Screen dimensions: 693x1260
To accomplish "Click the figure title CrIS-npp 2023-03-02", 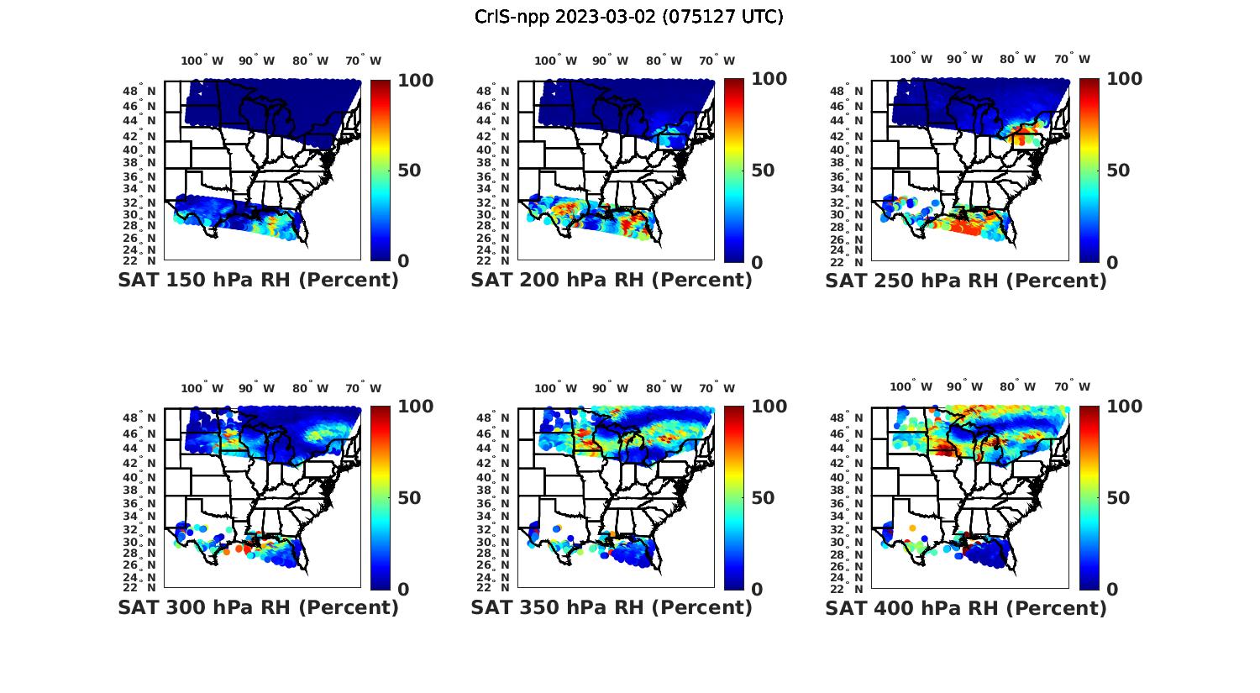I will pyautogui.click(x=629, y=17).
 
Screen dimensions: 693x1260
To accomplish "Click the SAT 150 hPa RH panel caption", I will pyautogui.click(x=258, y=281).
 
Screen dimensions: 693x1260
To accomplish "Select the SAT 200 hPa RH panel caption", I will pyautogui.click(x=612, y=281).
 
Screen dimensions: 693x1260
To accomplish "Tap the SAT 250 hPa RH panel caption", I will pyautogui.click(x=966, y=281).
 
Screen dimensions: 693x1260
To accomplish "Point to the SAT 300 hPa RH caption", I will pyautogui.click(x=258, y=607).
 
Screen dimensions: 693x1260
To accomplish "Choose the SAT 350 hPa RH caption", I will pyautogui.click(x=612, y=607).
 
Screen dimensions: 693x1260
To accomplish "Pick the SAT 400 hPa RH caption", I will pyautogui.click(x=966, y=607).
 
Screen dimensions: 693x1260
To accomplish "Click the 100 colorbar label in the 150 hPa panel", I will pyautogui.click(x=415, y=80).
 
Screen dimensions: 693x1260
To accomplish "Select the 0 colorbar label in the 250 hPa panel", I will pyautogui.click(x=1112, y=262).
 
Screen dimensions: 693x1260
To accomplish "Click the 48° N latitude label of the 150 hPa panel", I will pyautogui.click(x=140, y=91).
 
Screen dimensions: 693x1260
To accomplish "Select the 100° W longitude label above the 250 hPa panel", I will pyautogui.click(x=911, y=60).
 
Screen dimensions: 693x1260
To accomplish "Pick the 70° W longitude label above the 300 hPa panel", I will pyautogui.click(x=363, y=388).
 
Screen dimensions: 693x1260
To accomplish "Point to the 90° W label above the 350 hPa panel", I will pyautogui.click(x=610, y=388).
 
